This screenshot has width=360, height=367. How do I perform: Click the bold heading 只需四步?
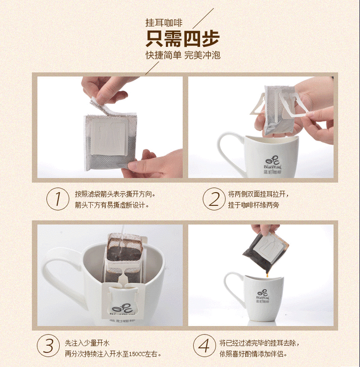coord(182,38)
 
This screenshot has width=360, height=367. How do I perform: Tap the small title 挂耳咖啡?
coord(164,23)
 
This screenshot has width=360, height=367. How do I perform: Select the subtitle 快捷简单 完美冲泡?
coord(183,55)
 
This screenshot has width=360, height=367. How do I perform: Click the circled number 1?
coord(58,199)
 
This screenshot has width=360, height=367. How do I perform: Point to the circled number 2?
coord(214,199)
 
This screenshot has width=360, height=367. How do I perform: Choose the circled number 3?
coord(48,345)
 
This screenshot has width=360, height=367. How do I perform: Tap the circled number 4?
coord(205,345)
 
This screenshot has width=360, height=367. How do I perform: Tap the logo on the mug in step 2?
coord(273,166)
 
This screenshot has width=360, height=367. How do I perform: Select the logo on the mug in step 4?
coord(262,297)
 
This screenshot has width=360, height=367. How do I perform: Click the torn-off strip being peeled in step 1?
coord(100,106)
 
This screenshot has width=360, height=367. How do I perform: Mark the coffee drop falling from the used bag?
coord(267,274)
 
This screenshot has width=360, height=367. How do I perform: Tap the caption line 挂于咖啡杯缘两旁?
coord(253,205)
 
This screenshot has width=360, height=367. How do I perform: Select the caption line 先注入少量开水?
coord(87,343)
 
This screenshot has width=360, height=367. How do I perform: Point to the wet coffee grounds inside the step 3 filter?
coord(124,253)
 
